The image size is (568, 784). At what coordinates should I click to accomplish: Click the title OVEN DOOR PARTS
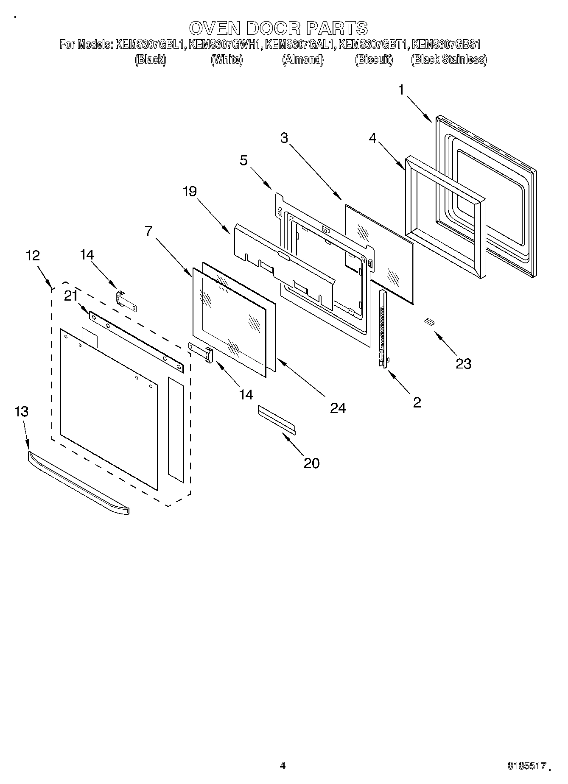278,28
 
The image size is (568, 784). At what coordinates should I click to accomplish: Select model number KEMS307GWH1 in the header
224,44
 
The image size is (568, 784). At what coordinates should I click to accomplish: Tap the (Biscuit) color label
374,59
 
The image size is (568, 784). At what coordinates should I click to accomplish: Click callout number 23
463,363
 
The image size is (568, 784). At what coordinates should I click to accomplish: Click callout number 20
311,463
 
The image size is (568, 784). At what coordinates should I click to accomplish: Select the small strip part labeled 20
277,419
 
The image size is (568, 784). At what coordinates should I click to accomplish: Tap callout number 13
21,411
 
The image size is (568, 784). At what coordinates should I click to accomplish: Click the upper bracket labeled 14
126,301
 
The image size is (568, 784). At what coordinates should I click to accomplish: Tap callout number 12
33,255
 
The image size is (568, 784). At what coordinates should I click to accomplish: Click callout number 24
338,408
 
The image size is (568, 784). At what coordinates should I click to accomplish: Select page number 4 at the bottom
283,765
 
